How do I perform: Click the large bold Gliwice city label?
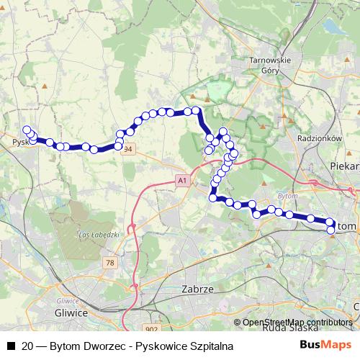tap(71, 312)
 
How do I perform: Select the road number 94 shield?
tap(128, 149)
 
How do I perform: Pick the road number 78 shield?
tap(109, 263)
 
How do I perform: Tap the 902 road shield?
tap(151, 328)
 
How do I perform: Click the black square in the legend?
tap(10, 346)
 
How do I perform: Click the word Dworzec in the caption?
tap(109, 346)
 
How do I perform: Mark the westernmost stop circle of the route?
tap(27, 130)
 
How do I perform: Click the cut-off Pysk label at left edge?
tap(20, 142)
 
